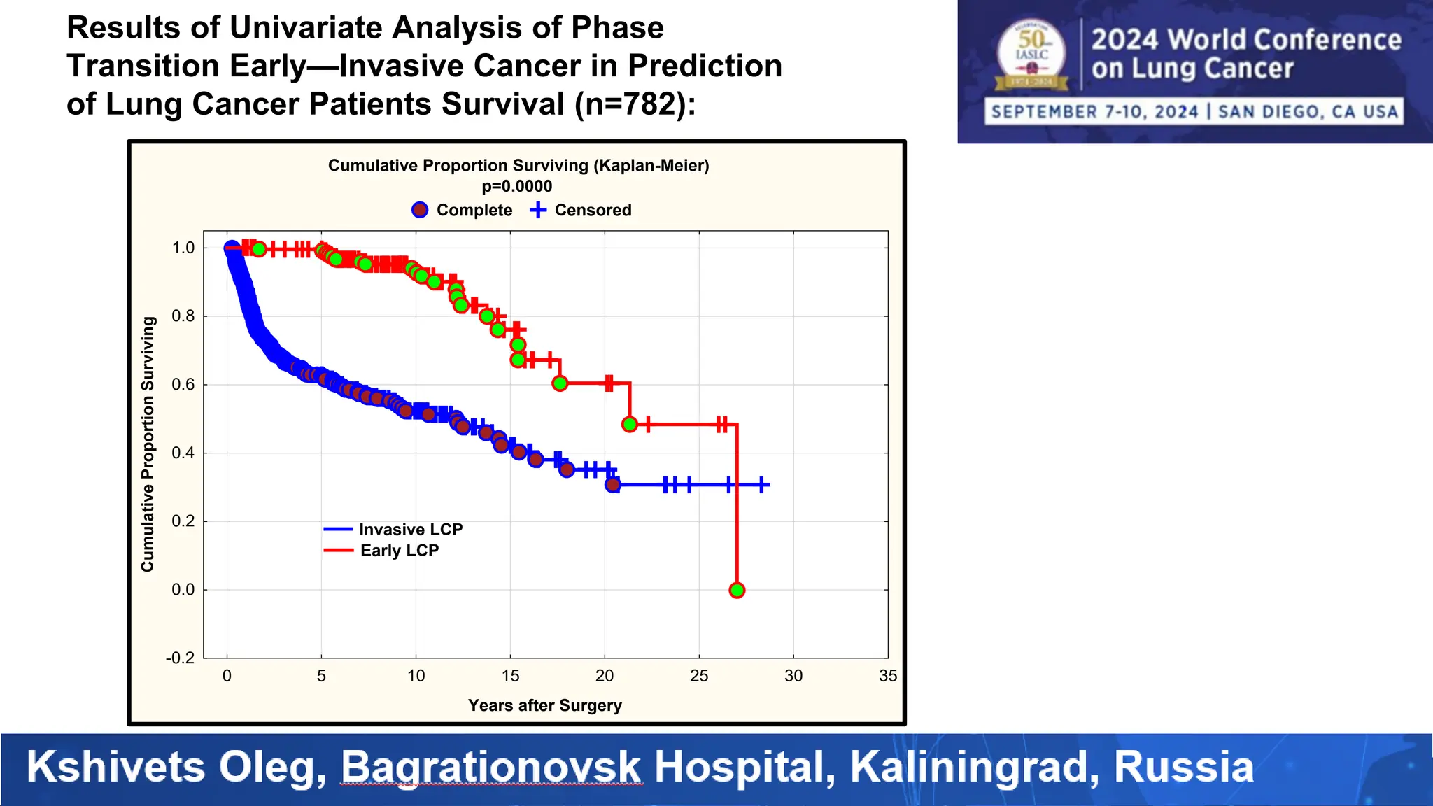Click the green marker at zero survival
tap(736, 591)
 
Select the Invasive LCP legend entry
tap(393, 530)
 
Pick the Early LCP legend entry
tap(382, 551)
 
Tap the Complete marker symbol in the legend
tap(420, 210)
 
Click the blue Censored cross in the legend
tap(537, 210)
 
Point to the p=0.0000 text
tap(517, 187)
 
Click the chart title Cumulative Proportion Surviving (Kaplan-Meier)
tap(518, 166)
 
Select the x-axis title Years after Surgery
tap(544, 705)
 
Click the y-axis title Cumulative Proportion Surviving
tap(148, 444)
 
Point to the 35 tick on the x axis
tap(887, 676)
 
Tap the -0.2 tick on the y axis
tap(181, 658)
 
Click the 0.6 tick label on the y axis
tap(183, 385)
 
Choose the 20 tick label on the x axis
tap(605, 676)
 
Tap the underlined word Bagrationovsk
tap(490, 767)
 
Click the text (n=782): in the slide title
tap(635, 104)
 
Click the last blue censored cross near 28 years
tap(763, 484)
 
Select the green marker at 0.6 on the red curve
tap(560, 383)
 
